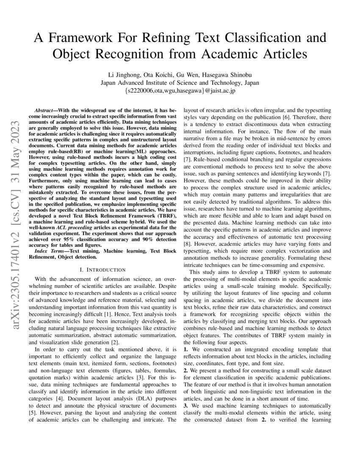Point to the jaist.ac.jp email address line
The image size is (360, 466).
180,90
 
